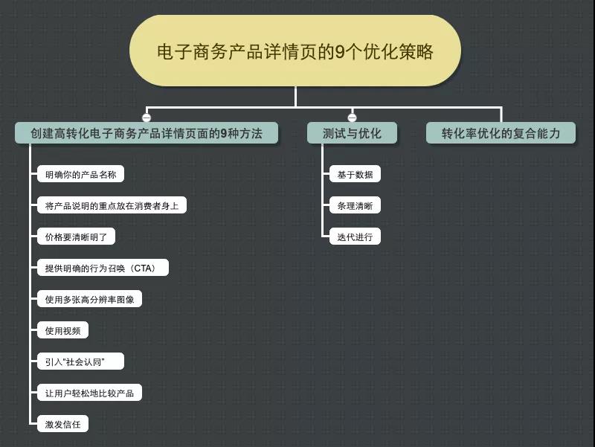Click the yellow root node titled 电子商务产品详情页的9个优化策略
(295, 52)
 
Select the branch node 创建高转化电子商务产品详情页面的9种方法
(147, 134)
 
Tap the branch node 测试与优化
(352, 134)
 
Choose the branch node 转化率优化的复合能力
(501, 134)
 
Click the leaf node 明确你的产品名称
(80, 175)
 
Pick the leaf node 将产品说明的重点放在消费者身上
(112, 206)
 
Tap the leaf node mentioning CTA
(103, 268)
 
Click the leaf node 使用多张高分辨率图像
(89, 300)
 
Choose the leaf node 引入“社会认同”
(80, 362)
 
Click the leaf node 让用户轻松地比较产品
(89, 393)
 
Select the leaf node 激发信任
(62, 425)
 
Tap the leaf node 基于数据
(355, 175)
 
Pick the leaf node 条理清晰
(355, 206)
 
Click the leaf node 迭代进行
(355, 237)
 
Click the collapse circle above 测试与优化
(352, 118)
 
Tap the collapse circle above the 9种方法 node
(147, 118)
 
